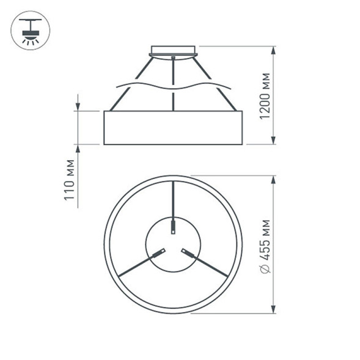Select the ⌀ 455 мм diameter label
coord(265,245)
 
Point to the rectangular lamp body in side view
coord(173,128)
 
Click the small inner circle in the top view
coord(173,244)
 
